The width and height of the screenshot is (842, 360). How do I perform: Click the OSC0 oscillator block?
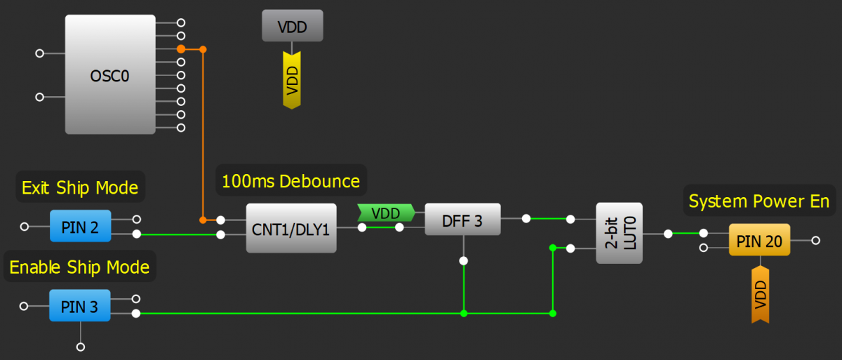pos(110,75)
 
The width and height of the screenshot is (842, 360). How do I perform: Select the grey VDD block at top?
pos(292,27)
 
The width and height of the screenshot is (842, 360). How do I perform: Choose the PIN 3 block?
pos(80,306)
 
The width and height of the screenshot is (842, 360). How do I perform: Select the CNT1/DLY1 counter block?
pos(291,228)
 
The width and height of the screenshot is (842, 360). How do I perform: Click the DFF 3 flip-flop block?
pos(462,220)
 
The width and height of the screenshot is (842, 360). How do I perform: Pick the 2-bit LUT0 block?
pos(619,233)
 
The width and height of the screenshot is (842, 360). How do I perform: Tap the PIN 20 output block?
pos(759,241)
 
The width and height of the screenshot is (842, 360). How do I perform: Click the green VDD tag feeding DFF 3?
pos(385,213)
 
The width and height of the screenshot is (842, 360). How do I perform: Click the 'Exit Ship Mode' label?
pos(80,188)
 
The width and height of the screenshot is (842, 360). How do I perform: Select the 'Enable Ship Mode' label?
pos(79,267)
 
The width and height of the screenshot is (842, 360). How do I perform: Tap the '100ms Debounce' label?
pos(290,182)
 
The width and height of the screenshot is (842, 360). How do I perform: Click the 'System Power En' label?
pos(759,201)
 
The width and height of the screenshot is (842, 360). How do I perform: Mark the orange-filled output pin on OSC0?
pos(181,49)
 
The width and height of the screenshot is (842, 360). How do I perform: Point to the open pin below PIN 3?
pos(81,347)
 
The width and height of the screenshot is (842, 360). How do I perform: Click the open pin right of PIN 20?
pos(815,240)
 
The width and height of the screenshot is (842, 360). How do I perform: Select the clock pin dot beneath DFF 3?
pos(463,261)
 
